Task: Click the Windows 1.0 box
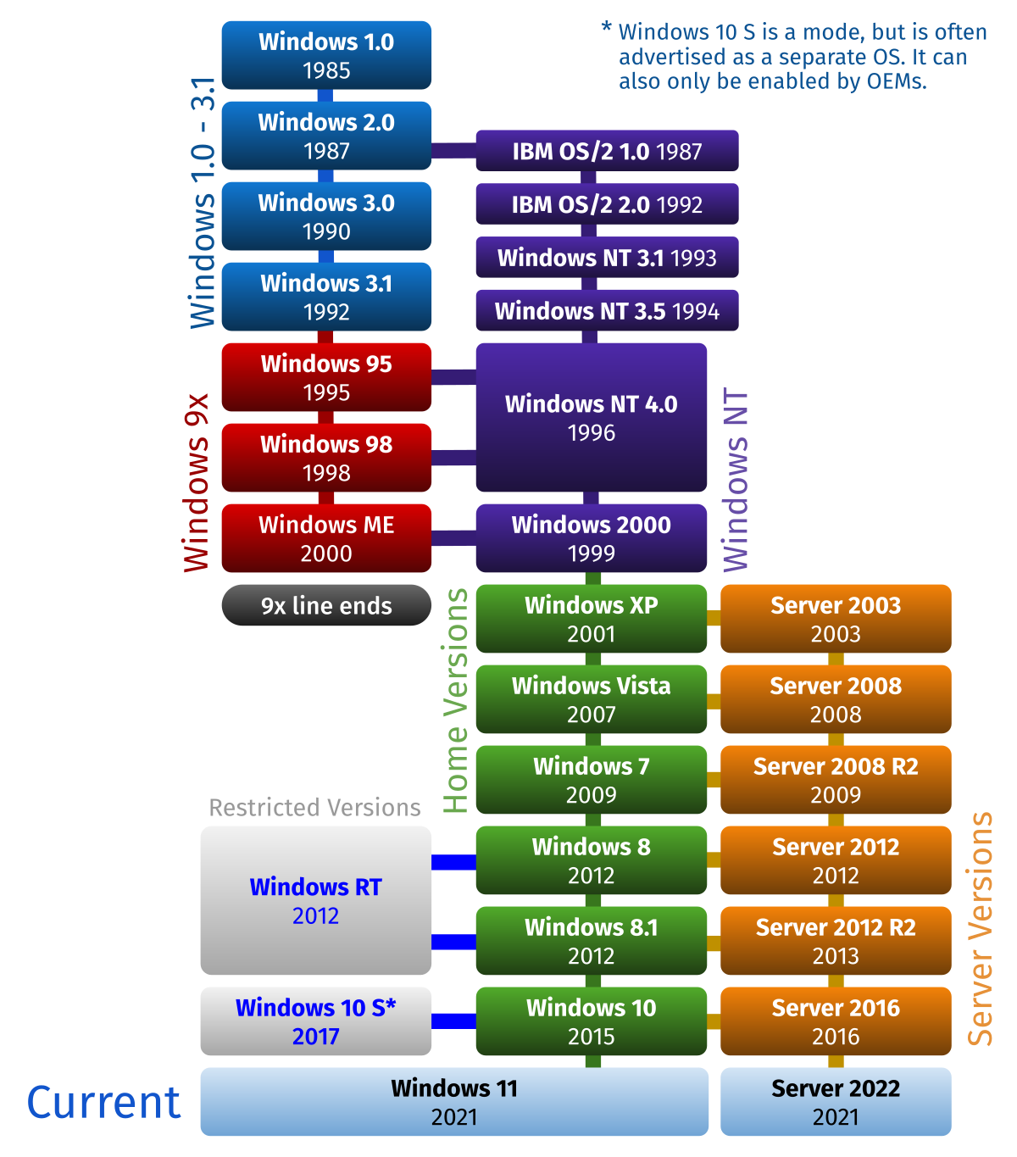pos(326,55)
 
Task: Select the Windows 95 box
pos(326,377)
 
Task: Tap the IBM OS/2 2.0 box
pos(607,204)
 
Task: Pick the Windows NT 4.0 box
pos(591,417)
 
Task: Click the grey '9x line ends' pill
pos(326,605)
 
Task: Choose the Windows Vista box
pos(591,699)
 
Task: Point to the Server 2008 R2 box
pos(836,780)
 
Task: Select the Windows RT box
pos(315,900)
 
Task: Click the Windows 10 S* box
pos(315,1021)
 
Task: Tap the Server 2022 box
pos(836,1102)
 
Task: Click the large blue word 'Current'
pos(103,1103)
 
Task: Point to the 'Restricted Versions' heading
pos(314,808)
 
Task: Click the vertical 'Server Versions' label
pos(981,929)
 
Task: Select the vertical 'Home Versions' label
pos(456,701)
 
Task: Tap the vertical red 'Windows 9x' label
pos(197,482)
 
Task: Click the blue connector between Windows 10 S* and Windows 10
pos(453,1021)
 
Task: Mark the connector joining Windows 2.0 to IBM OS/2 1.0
pos(453,151)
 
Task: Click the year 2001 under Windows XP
pos(591,634)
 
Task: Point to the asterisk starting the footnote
pos(607,27)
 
